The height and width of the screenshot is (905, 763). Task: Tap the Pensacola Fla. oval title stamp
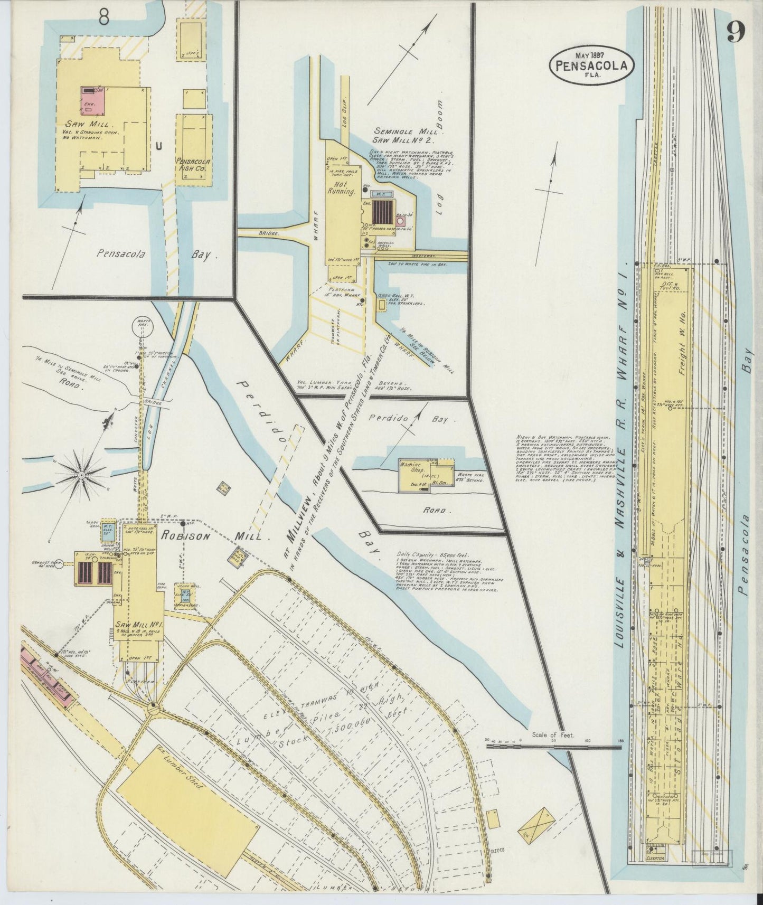click(x=591, y=64)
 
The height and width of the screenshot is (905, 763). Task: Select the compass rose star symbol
click(x=82, y=476)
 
